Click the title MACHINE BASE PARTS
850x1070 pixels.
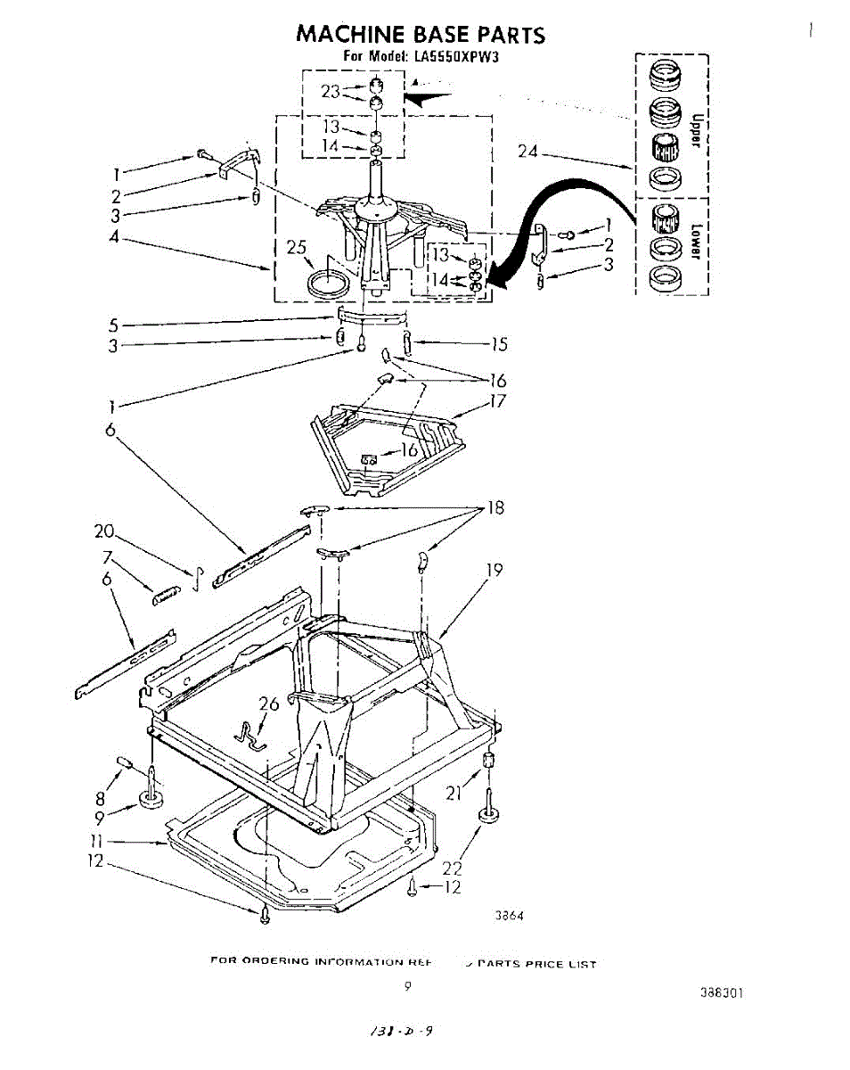(420, 35)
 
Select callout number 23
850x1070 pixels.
(331, 91)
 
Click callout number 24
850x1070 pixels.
(528, 152)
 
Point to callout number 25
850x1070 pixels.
(297, 247)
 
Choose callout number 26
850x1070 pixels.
(269, 704)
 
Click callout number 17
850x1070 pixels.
(497, 401)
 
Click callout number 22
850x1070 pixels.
(454, 868)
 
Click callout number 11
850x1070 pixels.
(97, 840)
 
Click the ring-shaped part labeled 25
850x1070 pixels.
(328, 285)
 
